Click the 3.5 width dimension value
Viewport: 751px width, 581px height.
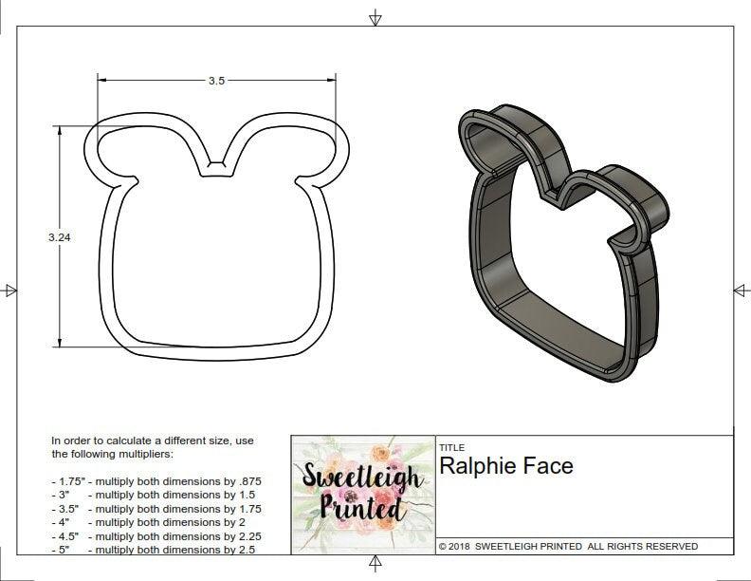point(216,82)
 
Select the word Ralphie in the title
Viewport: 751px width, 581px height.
point(485,466)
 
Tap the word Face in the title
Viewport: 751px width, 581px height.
point(553,466)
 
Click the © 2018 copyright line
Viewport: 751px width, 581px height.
point(568,547)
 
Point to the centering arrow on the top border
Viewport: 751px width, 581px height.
point(375,18)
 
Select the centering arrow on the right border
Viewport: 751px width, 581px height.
point(741,290)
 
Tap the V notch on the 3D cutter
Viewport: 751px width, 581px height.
point(549,195)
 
